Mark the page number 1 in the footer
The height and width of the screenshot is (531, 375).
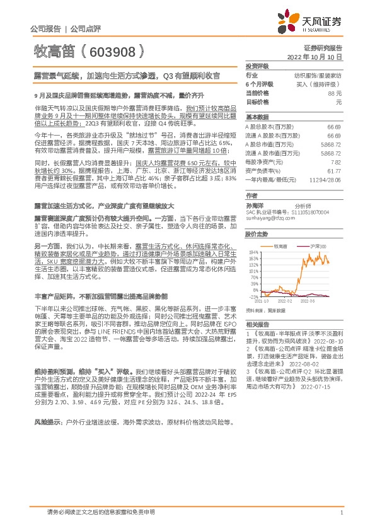pyautogui.click(x=341, y=512)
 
